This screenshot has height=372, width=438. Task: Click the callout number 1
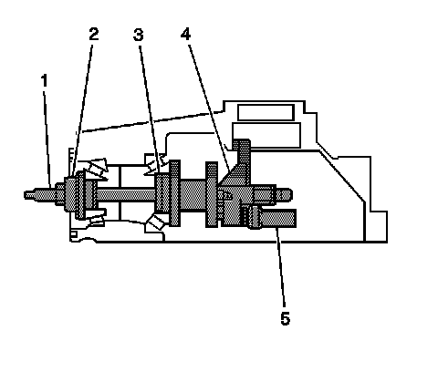tap(45, 81)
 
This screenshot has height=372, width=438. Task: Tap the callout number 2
tap(94, 34)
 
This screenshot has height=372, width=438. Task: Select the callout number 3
tap(139, 35)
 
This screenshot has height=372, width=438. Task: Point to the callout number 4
tap(185, 34)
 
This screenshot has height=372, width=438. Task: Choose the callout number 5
tap(285, 318)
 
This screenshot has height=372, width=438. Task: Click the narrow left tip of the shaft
tap(26, 195)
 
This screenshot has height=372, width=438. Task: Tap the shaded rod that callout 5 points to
tap(272, 219)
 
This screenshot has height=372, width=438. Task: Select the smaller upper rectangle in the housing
tap(266, 112)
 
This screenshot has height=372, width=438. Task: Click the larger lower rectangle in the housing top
tap(266, 135)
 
